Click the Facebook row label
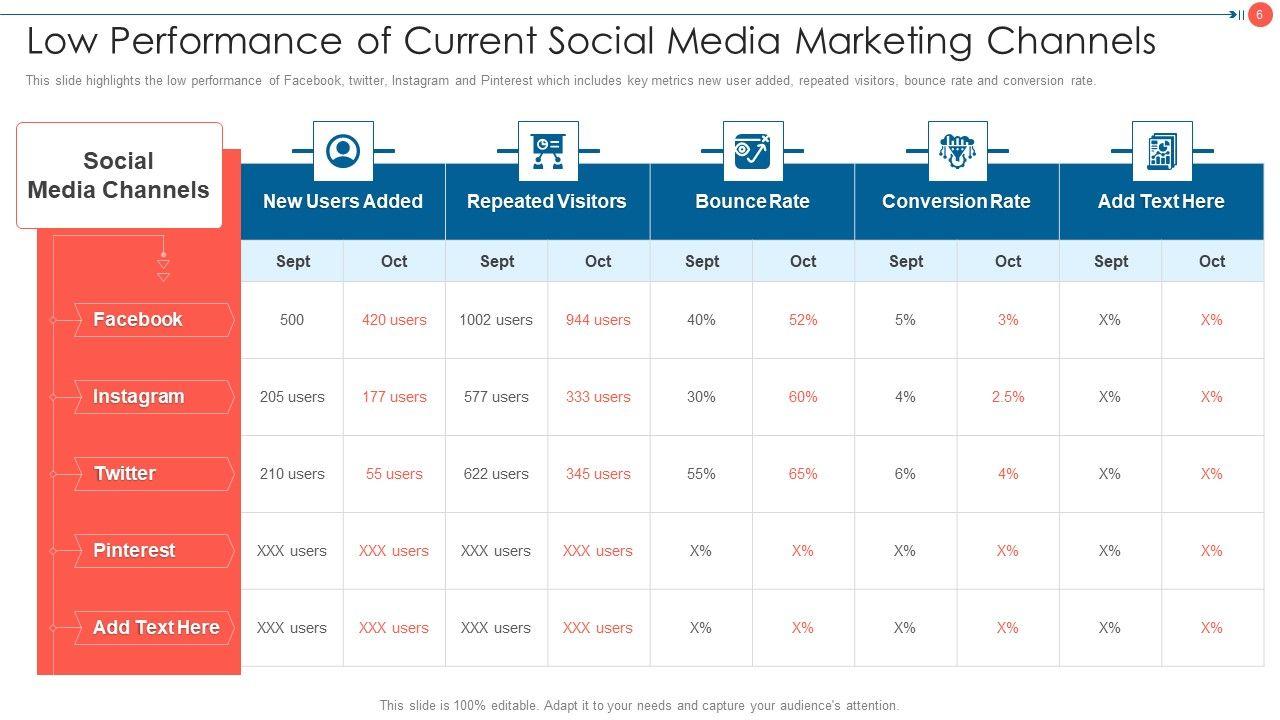pos(138,320)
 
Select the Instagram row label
pos(138,397)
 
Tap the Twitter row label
pos(125,474)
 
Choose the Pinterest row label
pos(134,551)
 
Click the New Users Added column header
pos(343,201)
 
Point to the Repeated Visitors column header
pos(547,201)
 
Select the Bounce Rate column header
pos(752,201)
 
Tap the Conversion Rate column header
pos(956,201)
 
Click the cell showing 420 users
pos(394,320)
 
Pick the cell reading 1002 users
pos(496,320)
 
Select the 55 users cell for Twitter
pos(394,474)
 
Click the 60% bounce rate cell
pos(803,397)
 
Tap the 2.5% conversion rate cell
pos(1008,397)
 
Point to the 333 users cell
pos(598,397)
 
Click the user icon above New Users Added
pos(343,151)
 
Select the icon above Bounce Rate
pos(752,151)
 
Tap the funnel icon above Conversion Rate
pos(957,151)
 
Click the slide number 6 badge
pos(1260,15)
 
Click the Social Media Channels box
pos(119,175)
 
